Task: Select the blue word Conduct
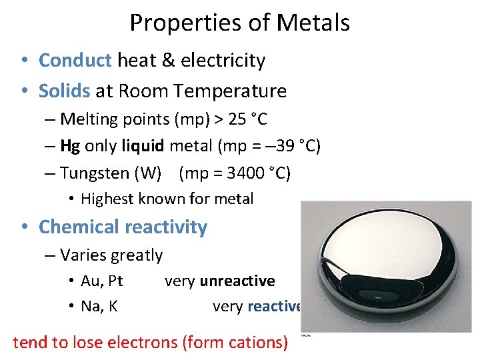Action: click(75, 61)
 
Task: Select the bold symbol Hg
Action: click(70, 146)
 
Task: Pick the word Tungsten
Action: click(95, 173)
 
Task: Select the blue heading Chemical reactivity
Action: click(123, 227)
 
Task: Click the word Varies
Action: click(80, 255)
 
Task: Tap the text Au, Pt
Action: click(101, 281)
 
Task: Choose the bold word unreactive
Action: click(237, 281)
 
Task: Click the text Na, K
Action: click(99, 307)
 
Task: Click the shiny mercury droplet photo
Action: click(386, 267)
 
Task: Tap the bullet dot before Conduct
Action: click(23, 61)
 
